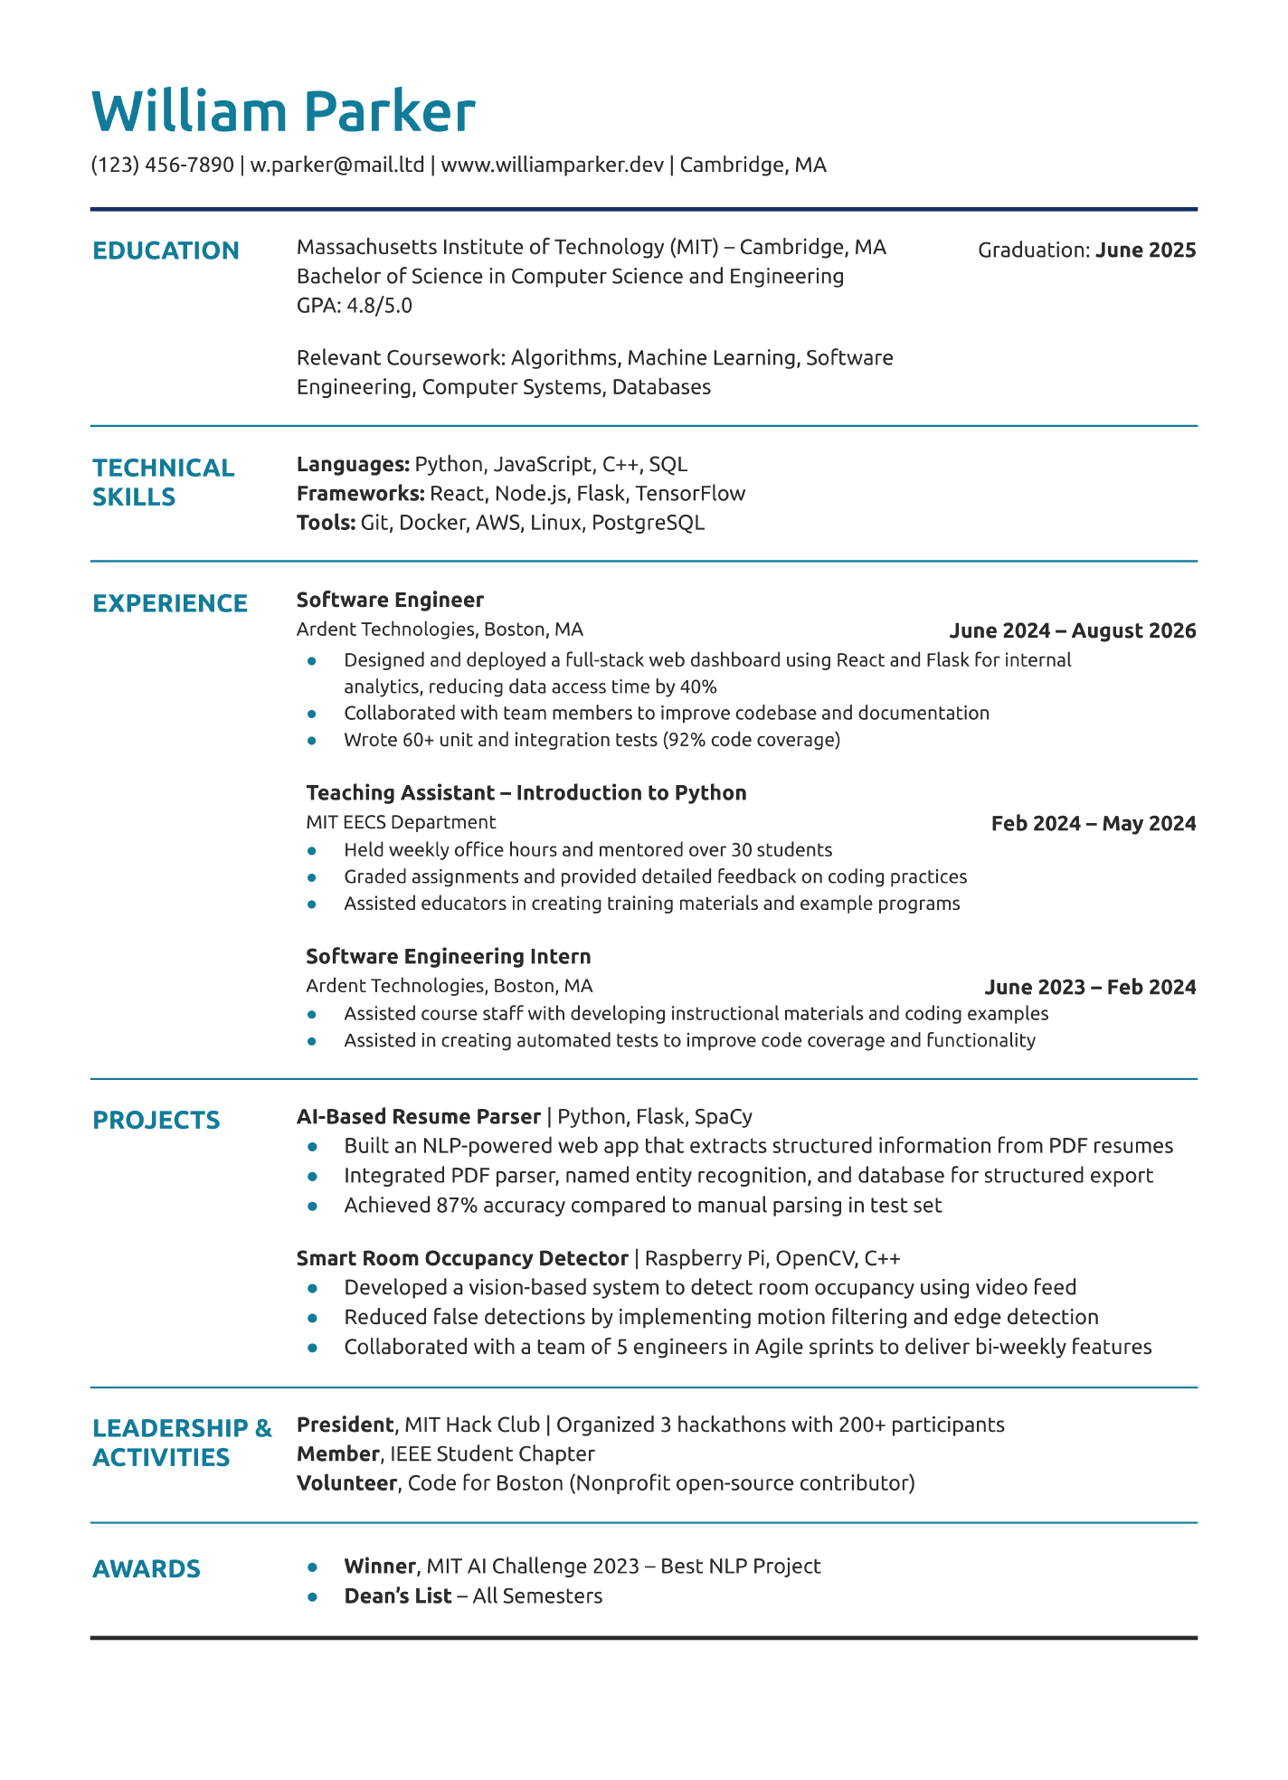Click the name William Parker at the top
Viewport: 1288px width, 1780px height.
tap(283, 112)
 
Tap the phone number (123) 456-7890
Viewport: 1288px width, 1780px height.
tap(162, 165)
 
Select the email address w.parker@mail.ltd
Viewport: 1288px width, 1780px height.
tap(337, 165)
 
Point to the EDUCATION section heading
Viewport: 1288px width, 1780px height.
tap(166, 251)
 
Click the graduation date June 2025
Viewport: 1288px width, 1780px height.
tap(1145, 251)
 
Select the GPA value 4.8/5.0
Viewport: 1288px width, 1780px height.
tap(379, 306)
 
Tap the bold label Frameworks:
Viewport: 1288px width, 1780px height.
tap(360, 494)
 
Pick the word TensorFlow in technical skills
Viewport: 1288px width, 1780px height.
tap(690, 494)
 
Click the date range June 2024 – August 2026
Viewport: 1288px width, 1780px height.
tap(1072, 630)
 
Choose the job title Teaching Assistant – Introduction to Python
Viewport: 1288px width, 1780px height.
tap(526, 793)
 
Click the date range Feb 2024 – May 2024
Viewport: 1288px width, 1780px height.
tap(1093, 823)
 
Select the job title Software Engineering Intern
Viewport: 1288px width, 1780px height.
tap(448, 957)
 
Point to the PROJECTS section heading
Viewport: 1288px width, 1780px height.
tap(156, 1121)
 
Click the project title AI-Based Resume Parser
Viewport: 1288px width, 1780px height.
tap(418, 1117)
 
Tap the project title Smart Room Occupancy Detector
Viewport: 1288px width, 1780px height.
tap(462, 1258)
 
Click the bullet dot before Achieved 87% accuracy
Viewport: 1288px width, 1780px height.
tap(312, 1206)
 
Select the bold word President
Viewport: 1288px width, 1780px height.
tap(345, 1425)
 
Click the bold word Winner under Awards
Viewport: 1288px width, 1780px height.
tap(379, 1567)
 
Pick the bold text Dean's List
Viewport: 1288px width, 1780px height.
tap(397, 1596)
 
